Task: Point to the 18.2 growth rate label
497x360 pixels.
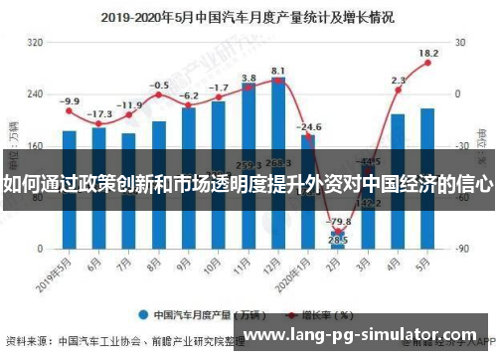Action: [x=428, y=53]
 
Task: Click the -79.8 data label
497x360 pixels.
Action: [x=339, y=222]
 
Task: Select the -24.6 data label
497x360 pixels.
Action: [x=309, y=127]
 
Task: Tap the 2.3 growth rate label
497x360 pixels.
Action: [x=399, y=81]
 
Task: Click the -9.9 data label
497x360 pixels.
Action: [x=69, y=101]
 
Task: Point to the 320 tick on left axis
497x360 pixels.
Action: [x=36, y=43]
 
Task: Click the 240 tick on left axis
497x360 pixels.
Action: [x=36, y=93]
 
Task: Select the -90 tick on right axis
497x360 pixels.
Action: [x=460, y=247]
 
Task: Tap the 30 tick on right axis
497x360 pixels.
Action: [x=459, y=43]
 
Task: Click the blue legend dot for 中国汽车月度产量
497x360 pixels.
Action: [x=144, y=315]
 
